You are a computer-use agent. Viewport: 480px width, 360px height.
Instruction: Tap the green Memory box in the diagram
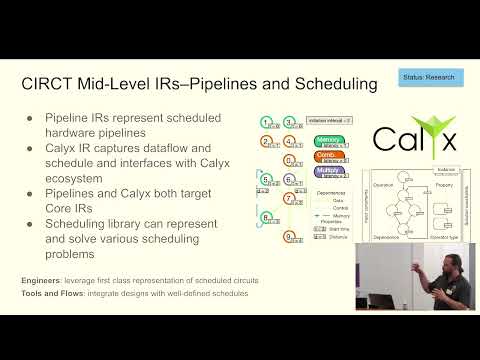point(328,140)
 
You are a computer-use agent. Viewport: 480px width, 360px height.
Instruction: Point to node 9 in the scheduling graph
point(288,236)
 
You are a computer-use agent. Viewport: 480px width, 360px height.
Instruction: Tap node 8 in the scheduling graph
point(266,217)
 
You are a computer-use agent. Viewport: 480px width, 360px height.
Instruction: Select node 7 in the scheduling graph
point(288,198)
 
